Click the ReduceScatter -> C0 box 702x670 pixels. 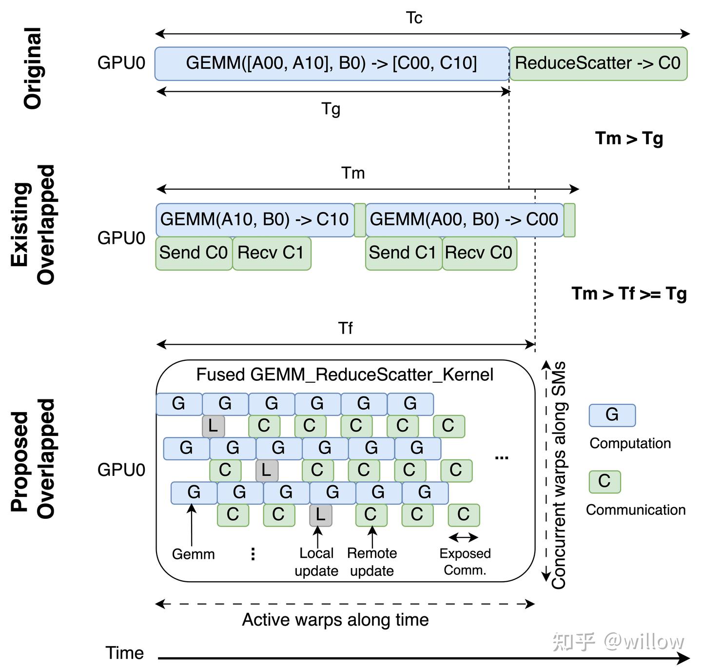click(598, 63)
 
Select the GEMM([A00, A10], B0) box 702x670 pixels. click(332, 63)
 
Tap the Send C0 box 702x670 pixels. click(194, 253)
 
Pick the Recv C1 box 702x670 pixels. click(272, 253)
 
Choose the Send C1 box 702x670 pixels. click(404, 253)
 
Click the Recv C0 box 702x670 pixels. click(480, 253)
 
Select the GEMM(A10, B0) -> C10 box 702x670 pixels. click(255, 220)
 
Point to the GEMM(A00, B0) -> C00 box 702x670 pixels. click(465, 220)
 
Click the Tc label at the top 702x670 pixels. click(414, 18)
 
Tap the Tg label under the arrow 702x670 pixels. click(331, 109)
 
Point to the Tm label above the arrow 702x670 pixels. click(353, 173)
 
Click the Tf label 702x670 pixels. click(345, 328)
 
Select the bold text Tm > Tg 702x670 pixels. click(629, 138)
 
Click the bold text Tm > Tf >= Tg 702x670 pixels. click(629, 294)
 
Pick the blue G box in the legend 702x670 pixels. click(612, 415)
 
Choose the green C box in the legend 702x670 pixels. click(605, 481)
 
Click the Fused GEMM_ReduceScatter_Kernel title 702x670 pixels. click(345, 374)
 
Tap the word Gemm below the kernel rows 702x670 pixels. click(193, 554)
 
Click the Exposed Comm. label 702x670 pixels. click(465, 561)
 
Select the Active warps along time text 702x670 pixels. click(335, 620)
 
